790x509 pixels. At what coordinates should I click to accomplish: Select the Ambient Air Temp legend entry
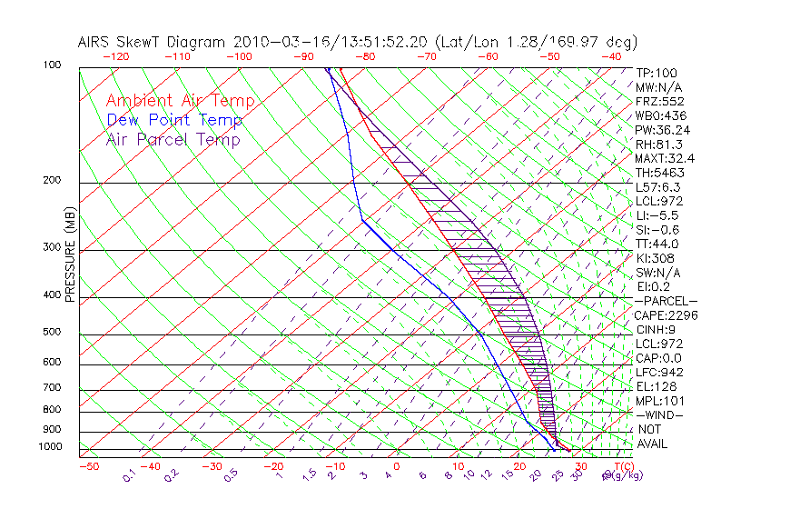coord(180,101)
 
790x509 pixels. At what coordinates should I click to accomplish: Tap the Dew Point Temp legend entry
coord(173,120)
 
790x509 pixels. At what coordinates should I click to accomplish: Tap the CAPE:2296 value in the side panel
coord(666,315)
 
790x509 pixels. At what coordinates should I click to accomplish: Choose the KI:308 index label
coord(655,258)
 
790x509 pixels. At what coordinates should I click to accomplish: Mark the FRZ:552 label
coord(660,101)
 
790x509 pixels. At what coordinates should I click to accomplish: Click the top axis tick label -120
coord(114,56)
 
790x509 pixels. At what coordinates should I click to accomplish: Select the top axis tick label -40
coord(611,56)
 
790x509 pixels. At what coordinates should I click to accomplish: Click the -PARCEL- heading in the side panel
coord(666,301)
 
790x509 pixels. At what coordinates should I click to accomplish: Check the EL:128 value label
coord(656,386)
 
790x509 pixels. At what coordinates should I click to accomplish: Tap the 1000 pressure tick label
coord(51,447)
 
